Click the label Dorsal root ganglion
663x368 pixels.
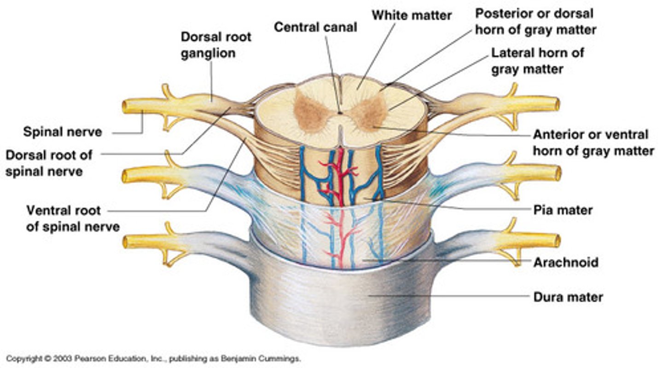(215, 45)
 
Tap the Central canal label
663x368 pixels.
(315, 27)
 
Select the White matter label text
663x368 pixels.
(412, 15)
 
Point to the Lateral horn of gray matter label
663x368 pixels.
(538, 61)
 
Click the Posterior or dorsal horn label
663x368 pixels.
(535, 21)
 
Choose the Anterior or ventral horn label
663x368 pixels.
(593, 143)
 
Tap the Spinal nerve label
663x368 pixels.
(63, 132)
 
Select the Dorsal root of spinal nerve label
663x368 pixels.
(49, 163)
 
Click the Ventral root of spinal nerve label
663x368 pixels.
(73, 218)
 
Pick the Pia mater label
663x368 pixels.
(563, 210)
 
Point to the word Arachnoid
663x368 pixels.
(565, 263)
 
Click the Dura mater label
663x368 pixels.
(568, 297)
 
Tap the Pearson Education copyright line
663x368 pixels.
(153, 358)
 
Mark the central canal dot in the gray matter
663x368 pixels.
(340, 112)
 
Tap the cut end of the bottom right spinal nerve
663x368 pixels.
(558, 241)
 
